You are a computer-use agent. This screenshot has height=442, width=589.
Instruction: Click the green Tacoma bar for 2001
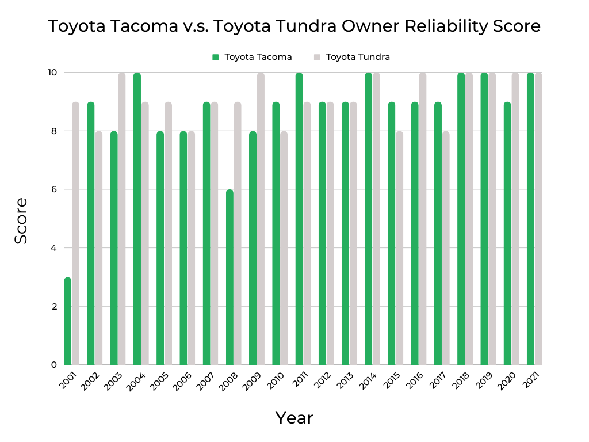[68, 321]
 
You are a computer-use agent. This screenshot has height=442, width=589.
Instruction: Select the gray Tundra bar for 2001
[75, 233]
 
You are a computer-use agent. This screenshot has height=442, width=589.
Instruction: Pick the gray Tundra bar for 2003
[122, 219]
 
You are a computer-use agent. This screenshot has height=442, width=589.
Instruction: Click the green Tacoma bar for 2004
[137, 219]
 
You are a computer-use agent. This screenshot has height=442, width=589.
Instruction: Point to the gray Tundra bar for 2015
[399, 248]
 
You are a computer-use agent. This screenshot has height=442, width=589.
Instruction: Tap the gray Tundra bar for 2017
[446, 248]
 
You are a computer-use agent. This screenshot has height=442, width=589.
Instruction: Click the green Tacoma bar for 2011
[299, 219]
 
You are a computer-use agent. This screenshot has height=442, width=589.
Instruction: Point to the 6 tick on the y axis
[53, 189]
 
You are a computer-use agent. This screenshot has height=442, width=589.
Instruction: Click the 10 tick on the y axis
[52, 73]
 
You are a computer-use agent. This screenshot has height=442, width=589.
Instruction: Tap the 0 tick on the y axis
[53, 365]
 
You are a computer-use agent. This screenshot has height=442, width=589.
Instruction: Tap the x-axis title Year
[294, 418]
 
